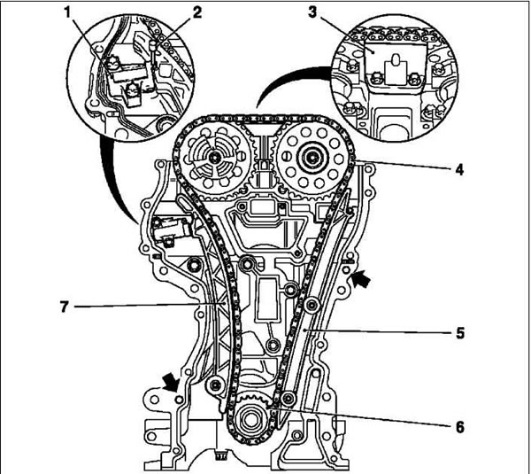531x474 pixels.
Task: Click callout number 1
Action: [68, 13]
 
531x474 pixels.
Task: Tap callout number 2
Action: [196, 12]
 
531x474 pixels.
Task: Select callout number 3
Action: [312, 12]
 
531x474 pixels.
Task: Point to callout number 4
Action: [459, 169]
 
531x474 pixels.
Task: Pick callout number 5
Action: [459, 332]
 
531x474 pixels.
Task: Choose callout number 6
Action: [459, 427]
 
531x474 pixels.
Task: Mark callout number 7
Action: [65, 307]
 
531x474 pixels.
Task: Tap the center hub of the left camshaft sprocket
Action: [214, 158]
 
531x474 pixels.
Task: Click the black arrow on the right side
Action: [361, 279]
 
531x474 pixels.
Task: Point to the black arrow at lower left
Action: [172, 383]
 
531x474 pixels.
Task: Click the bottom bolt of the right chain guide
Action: [289, 398]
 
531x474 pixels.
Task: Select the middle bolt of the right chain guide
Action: [311, 305]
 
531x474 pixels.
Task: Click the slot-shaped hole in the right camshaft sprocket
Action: [286, 158]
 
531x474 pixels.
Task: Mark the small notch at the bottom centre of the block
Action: [220, 455]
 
